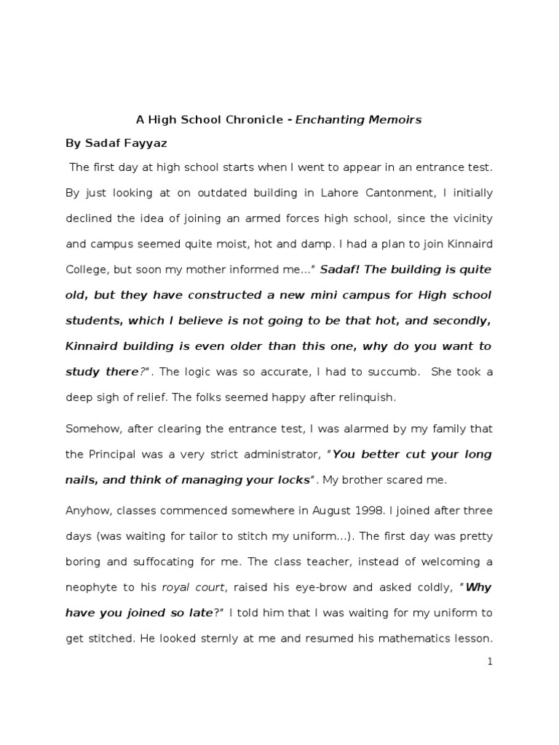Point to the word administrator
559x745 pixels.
tap(277, 454)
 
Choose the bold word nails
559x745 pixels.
tap(82, 479)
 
